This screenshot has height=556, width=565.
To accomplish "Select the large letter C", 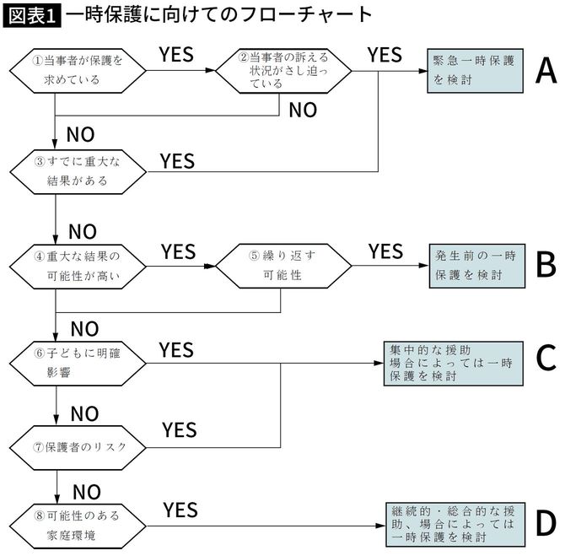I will (x=546, y=359).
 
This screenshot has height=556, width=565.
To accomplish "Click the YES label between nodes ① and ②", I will (x=176, y=55).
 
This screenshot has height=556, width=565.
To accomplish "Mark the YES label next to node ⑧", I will (x=180, y=510).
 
